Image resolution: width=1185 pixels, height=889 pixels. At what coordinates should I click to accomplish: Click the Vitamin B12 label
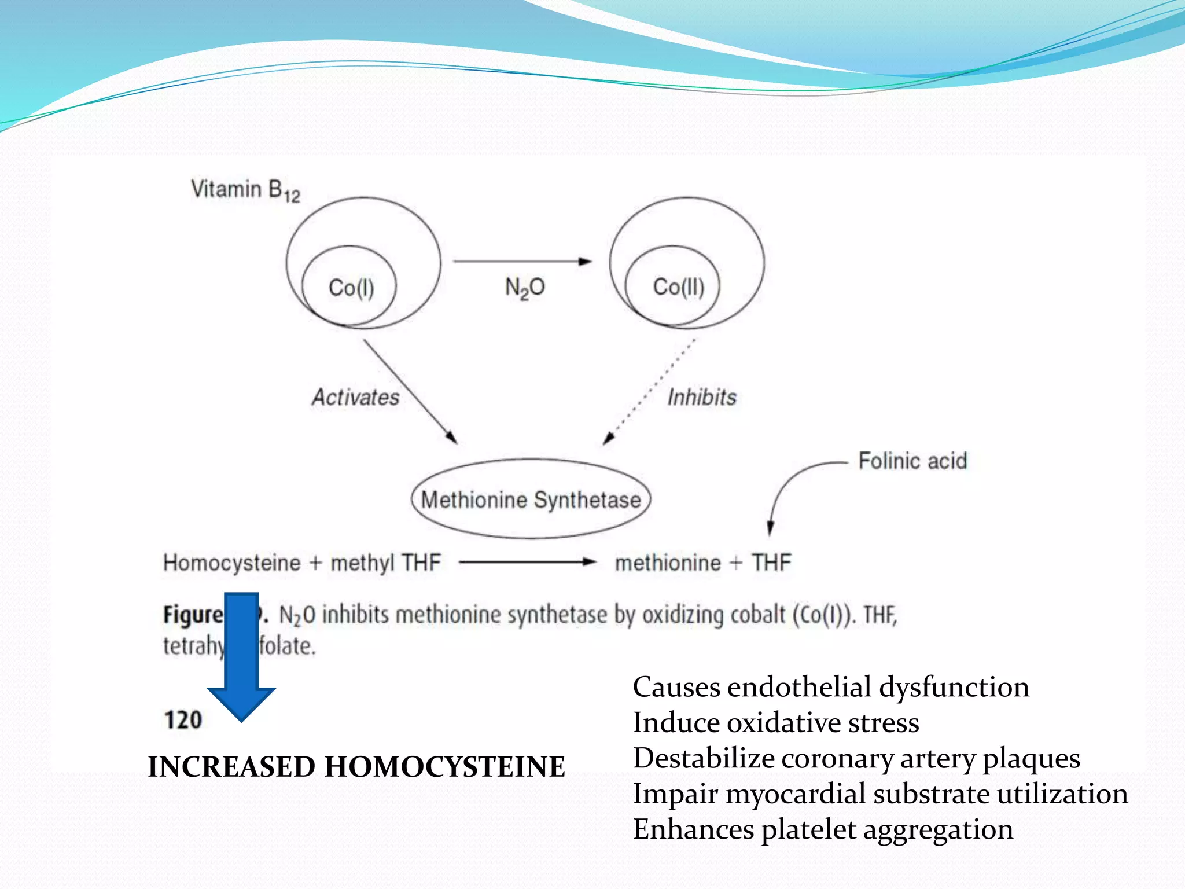(245, 190)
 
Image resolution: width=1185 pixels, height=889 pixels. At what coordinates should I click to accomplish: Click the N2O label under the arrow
(525, 288)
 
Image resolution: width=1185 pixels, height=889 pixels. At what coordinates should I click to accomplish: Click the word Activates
(355, 397)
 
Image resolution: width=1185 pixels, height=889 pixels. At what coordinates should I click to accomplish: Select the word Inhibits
(702, 397)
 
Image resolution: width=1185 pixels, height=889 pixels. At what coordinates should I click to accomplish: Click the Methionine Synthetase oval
(531, 499)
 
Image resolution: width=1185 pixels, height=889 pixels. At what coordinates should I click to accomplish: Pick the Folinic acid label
(912, 461)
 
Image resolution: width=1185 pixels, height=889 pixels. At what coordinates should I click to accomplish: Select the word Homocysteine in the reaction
(231, 563)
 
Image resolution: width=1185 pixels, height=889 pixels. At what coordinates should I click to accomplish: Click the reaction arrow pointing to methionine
(527, 561)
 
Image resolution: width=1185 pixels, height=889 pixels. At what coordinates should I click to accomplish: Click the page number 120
(183, 720)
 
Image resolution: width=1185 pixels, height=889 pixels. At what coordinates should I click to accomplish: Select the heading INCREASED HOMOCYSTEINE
(356, 767)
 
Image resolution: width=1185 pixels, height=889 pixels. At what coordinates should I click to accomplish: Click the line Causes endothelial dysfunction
(831, 687)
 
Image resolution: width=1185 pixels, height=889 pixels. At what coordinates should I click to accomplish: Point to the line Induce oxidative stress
(775, 722)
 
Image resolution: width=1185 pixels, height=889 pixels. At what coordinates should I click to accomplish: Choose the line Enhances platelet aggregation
(823, 829)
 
